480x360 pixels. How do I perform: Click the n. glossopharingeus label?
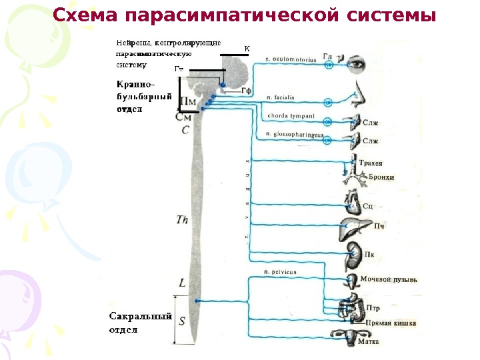click(x=293, y=135)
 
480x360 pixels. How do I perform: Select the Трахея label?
click(x=370, y=163)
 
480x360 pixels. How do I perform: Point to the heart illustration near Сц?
click(x=351, y=200)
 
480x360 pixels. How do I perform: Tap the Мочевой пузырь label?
click(x=389, y=280)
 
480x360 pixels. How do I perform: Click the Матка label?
click(x=369, y=341)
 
